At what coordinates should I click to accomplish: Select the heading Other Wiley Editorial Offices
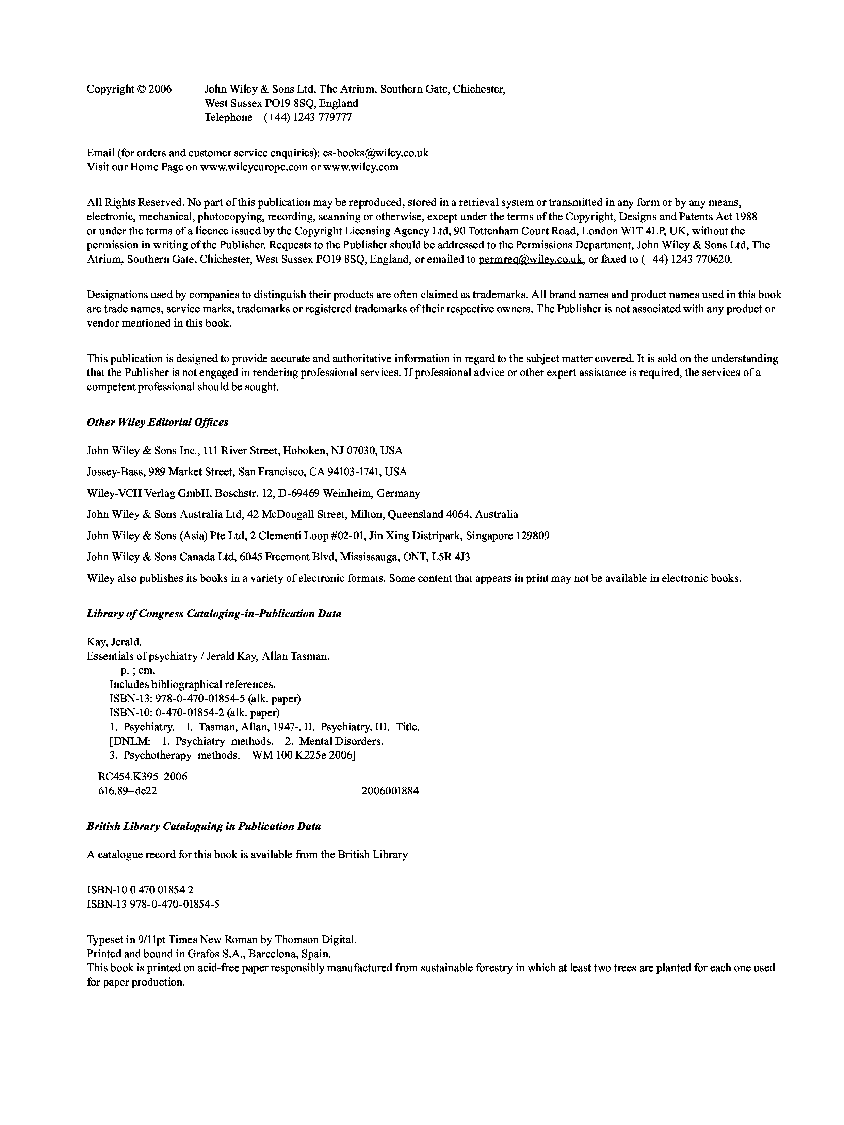click(158, 422)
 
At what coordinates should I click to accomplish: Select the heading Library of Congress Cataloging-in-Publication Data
click(214, 614)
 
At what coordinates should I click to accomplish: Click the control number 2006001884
click(390, 791)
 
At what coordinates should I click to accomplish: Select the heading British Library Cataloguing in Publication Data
click(204, 826)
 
